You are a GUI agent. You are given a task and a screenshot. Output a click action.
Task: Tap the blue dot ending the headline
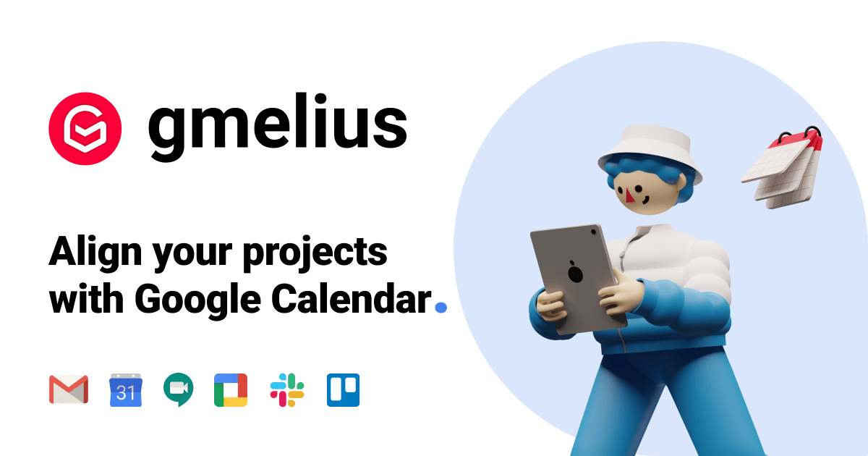[x=440, y=307]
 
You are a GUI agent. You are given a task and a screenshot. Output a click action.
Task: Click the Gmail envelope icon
[x=69, y=389]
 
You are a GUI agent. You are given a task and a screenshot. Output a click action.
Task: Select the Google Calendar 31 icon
[x=126, y=389]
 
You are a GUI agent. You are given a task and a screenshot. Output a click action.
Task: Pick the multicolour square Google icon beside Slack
[x=231, y=389]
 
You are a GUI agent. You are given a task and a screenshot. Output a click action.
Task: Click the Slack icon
[x=287, y=389]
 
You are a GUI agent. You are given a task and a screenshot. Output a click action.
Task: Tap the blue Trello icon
[x=343, y=389]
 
